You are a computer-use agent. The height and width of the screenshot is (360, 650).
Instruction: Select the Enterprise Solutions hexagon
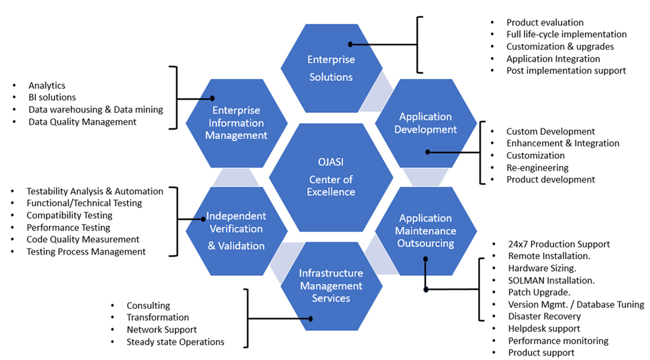331,69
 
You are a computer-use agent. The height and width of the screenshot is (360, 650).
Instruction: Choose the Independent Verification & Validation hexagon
236,230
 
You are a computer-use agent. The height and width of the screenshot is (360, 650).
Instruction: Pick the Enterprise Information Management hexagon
236,123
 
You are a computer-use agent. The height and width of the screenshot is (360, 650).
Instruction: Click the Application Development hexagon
425,123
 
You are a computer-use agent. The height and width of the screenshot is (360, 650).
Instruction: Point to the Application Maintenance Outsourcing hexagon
425,230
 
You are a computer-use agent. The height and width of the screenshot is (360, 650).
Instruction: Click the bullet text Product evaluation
545,22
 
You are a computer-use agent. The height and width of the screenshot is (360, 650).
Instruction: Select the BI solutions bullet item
52,97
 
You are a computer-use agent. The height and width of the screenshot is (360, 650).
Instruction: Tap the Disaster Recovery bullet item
544,316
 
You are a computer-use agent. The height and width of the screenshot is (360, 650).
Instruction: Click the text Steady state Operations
176,342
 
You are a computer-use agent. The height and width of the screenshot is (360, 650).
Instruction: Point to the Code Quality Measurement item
83,239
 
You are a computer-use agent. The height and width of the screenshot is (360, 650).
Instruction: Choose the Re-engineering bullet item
537,168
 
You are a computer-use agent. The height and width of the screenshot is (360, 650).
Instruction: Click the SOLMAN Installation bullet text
551,280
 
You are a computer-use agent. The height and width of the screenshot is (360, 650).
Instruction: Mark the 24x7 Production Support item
558,244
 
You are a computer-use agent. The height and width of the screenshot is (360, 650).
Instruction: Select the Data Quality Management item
82,122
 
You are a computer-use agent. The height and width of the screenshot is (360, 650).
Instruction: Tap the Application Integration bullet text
553,59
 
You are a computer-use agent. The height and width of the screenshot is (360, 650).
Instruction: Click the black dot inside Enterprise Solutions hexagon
351,44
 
